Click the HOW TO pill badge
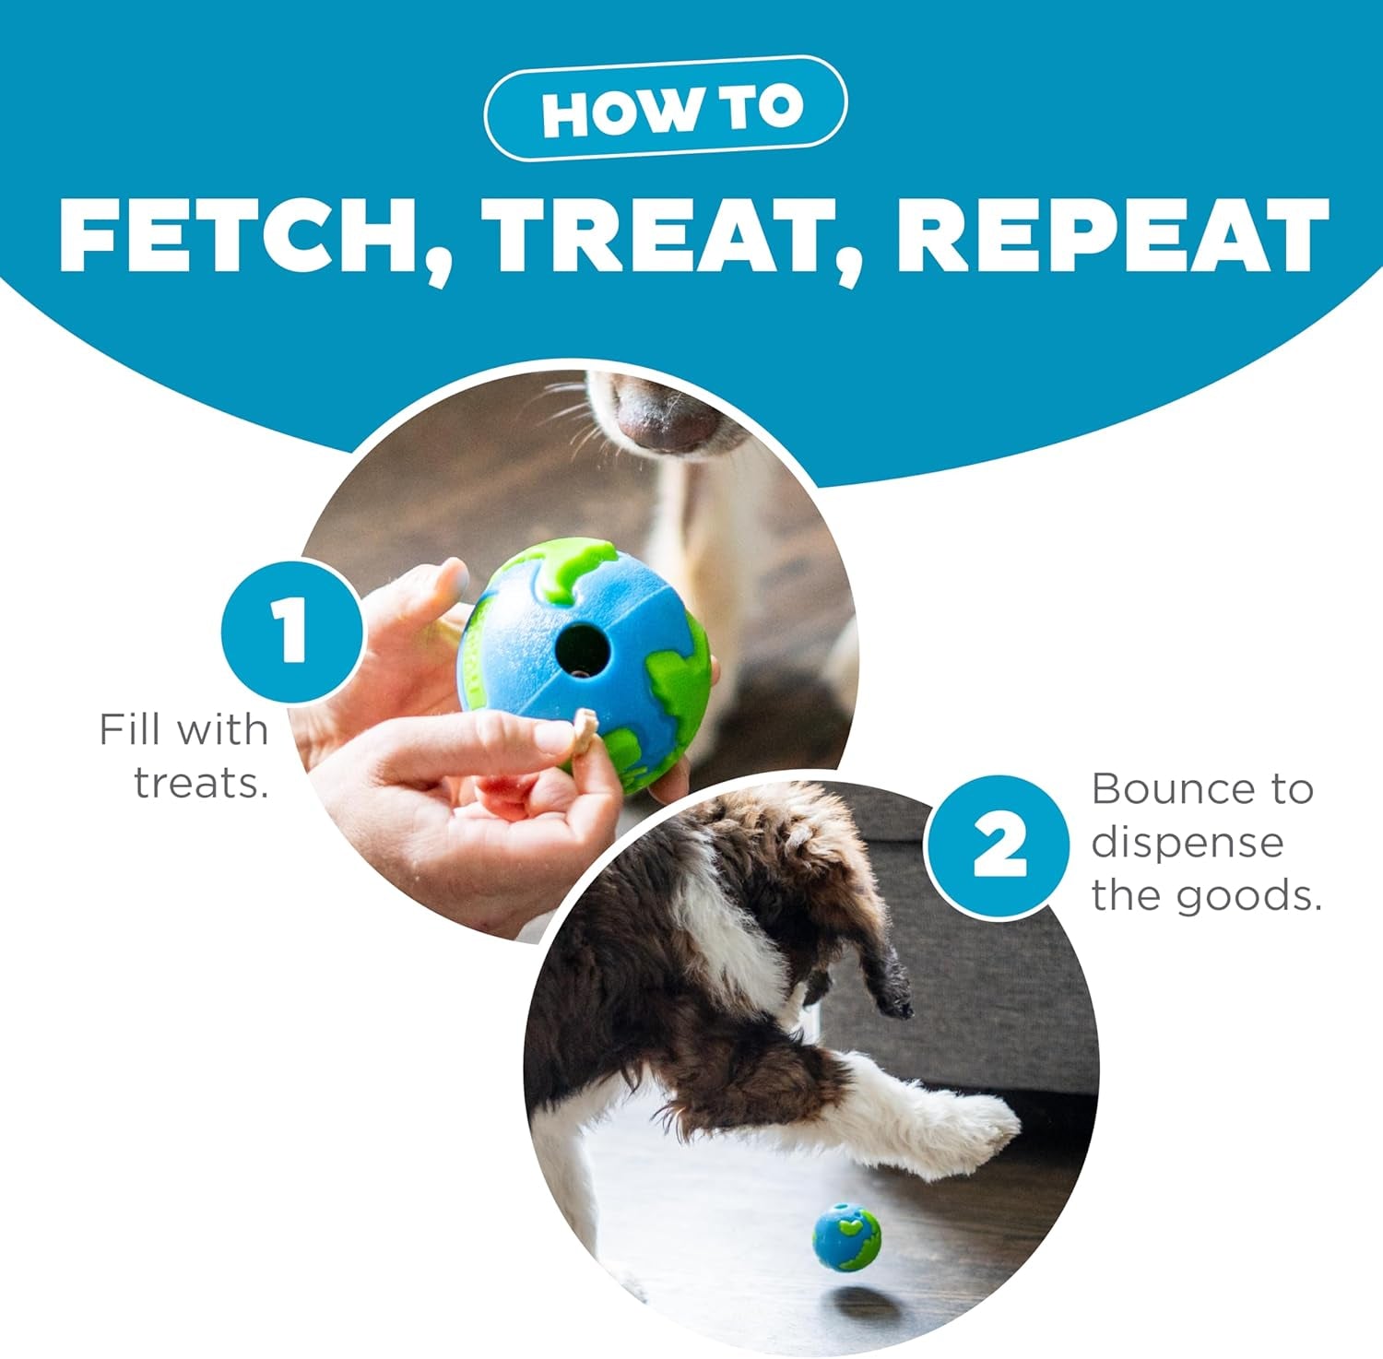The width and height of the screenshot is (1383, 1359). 665,109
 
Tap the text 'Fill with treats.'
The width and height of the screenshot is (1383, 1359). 183,755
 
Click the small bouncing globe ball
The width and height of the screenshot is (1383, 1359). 846,1236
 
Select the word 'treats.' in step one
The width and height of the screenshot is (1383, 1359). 201,783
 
